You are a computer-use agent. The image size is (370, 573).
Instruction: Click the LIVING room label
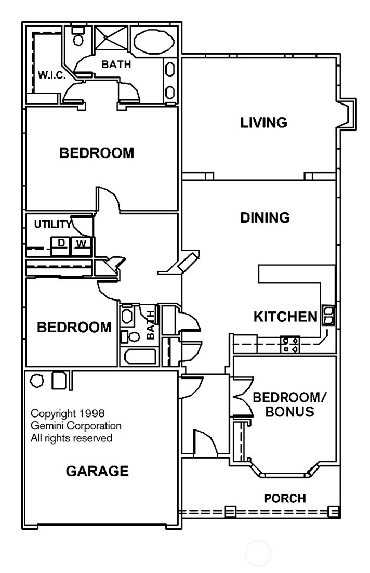click(x=263, y=123)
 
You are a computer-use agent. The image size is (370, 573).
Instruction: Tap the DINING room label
click(x=265, y=217)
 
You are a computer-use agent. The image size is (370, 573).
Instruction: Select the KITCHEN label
click(x=285, y=316)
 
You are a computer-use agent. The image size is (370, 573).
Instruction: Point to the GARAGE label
click(x=97, y=471)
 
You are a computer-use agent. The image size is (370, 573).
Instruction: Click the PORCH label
click(x=285, y=499)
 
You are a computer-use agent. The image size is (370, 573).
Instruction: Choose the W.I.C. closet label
click(x=51, y=75)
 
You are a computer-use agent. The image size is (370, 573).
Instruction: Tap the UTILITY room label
click(x=52, y=225)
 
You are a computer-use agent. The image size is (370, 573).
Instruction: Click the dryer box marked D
click(x=61, y=243)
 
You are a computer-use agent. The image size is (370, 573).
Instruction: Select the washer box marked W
click(x=81, y=243)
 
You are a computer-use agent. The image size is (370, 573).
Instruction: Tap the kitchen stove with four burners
click(x=290, y=345)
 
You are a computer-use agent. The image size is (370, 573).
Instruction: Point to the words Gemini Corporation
click(x=76, y=426)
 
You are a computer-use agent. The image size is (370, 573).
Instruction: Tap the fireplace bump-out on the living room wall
click(x=347, y=114)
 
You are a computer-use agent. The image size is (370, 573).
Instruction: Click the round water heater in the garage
click(x=37, y=381)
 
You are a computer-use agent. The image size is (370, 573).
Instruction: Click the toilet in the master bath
click(x=78, y=37)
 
